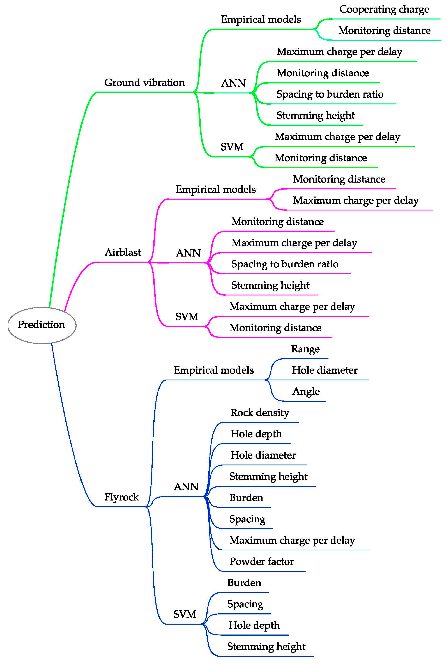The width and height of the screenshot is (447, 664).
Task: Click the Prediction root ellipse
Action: pyautogui.click(x=42, y=325)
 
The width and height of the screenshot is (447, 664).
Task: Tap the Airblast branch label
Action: pyautogui.click(x=123, y=252)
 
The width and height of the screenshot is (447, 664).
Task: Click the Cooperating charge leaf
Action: pyautogui.click(x=384, y=9)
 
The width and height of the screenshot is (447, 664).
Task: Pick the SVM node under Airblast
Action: pyautogui.click(x=187, y=317)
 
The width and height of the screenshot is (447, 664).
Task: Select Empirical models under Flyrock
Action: pyautogui.click(x=213, y=370)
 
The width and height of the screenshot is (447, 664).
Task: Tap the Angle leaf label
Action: pyautogui.click(x=306, y=392)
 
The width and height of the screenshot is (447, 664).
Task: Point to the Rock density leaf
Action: pyautogui.click(x=260, y=413)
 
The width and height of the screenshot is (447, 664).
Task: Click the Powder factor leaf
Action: pyautogui.click(x=261, y=561)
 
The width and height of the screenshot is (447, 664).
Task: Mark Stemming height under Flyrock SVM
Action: pyautogui.click(x=266, y=647)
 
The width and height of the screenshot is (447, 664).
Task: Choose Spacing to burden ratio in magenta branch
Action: pyautogui.click(x=285, y=264)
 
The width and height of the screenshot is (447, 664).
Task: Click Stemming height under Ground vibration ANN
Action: pyautogui.click(x=316, y=116)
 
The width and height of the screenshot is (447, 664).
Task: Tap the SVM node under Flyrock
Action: pyautogui.click(x=185, y=615)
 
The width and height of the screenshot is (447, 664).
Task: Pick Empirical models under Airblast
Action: pyautogui.click(x=216, y=189)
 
